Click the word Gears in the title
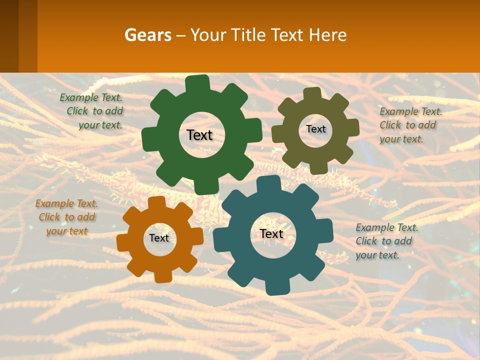[x=147, y=35]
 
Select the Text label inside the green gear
[x=199, y=135]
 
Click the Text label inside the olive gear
[x=315, y=129]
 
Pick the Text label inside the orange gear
[x=159, y=238]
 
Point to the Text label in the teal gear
[x=271, y=233]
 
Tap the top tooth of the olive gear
[x=311, y=93]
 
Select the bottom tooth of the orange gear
[x=163, y=276]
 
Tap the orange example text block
[x=66, y=217]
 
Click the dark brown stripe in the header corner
[x=9, y=36]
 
